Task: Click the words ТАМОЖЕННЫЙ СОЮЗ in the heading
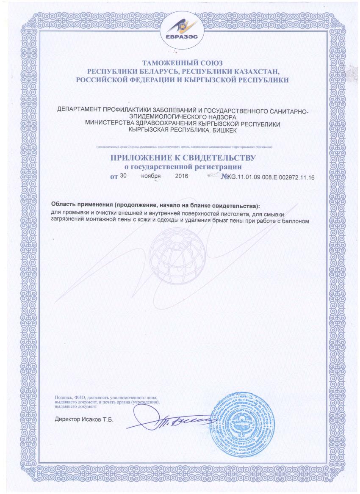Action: tap(180, 63)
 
